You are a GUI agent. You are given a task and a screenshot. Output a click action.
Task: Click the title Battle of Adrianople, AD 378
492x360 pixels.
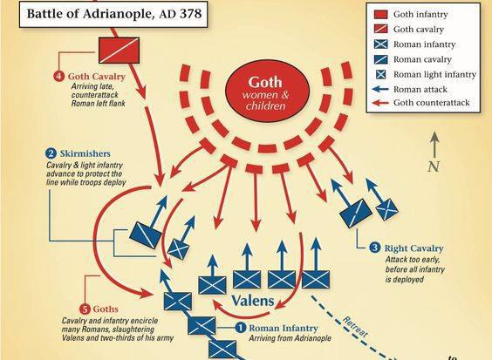click(x=114, y=14)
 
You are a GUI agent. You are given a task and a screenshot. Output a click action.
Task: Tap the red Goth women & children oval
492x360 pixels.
click(x=268, y=91)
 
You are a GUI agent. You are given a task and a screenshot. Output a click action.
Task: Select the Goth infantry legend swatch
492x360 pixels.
click(x=381, y=15)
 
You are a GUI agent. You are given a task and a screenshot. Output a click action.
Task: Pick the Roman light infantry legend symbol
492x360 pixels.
click(x=381, y=74)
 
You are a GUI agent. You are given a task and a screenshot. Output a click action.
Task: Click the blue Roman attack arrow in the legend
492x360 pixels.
click(x=380, y=90)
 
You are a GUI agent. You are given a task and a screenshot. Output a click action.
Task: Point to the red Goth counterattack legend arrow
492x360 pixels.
click(x=380, y=103)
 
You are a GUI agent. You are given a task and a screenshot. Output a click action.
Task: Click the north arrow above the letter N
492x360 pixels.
click(x=434, y=144)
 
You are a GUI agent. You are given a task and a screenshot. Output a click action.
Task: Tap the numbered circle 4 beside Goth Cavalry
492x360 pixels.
click(x=59, y=77)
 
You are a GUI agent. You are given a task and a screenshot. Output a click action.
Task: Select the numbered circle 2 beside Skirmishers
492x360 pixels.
click(x=51, y=153)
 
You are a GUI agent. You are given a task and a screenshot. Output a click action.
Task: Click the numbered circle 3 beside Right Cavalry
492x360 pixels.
click(x=374, y=248)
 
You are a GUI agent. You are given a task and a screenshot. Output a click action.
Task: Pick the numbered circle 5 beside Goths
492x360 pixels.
click(x=85, y=309)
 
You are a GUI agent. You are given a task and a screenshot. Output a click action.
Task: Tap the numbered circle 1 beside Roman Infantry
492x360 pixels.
click(x=241, y=328)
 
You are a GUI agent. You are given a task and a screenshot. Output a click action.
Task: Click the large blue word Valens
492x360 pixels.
click(x=253, y=301)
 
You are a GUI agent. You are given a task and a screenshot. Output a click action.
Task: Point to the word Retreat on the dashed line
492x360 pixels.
click(x=355, y=327)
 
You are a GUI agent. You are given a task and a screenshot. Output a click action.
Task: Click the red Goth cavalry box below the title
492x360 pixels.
click(x=119, y=51)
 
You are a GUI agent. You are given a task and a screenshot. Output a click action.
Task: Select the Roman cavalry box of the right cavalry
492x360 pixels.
click(x=356, y=214)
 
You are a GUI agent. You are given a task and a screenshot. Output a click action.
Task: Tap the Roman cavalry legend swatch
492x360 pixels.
click(x=381, y=59)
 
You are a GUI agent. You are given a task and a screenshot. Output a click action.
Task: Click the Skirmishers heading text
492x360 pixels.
click(x=85, y=153)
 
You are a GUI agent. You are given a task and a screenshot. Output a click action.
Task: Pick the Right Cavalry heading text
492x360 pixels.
click(x=413, y=248)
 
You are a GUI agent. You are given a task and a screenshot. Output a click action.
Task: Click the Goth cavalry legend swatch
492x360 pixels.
click(x=381, y=29)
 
